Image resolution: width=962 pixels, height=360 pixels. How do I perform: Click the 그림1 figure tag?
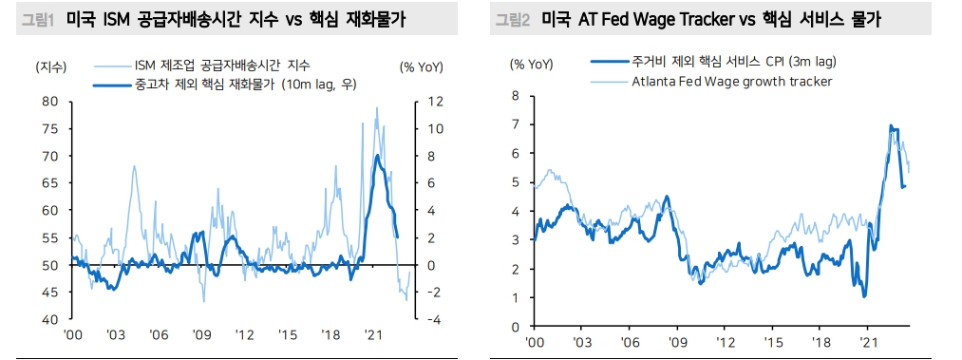click(32, 19)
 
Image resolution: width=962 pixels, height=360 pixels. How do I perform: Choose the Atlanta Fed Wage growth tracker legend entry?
click(731, 81)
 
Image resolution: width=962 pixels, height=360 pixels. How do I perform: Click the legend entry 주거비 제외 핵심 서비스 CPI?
click(731, 62)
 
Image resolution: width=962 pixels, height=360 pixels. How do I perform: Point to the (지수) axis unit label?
click(49, 66)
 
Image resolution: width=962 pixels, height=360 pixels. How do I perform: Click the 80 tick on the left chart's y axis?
click(50, 101)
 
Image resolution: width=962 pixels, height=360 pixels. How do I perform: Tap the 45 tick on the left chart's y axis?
click(50, 293)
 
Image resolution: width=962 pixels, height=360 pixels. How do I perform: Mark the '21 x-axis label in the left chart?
click(372, 336)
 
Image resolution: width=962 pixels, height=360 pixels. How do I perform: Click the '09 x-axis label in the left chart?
click(201, 336)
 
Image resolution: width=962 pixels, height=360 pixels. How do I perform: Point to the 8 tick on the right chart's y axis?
click(515, 95)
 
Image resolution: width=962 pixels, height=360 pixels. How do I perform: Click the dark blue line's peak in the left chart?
click(378, 155)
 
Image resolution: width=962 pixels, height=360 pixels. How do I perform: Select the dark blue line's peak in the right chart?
click(891, 125)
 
